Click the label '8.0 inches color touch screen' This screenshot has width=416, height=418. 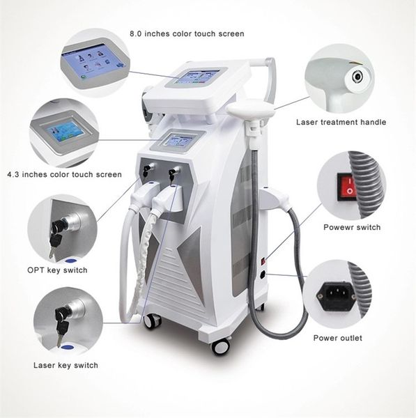pos(187,34)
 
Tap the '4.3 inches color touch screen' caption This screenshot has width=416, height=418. pos(64,175)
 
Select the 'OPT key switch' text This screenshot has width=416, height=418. pos(57,270)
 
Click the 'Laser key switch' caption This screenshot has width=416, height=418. pos(66,365)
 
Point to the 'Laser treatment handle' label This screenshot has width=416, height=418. pos(341,122)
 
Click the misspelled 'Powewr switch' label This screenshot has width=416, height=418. pos(352,227)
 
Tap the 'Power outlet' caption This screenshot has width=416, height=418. pos(337,338)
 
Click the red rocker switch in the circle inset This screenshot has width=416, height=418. pos(348,187)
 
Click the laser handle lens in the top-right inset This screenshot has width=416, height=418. pos(357,77)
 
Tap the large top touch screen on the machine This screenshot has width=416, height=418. pos(198,77)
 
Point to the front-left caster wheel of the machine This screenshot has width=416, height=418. pos(153,321)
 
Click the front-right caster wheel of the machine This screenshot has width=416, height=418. pos(221,346)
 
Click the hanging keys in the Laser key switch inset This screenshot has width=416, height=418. pos(62,326)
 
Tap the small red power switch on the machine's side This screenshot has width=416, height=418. pos(263,261)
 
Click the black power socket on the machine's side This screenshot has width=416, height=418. pos(263,274)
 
